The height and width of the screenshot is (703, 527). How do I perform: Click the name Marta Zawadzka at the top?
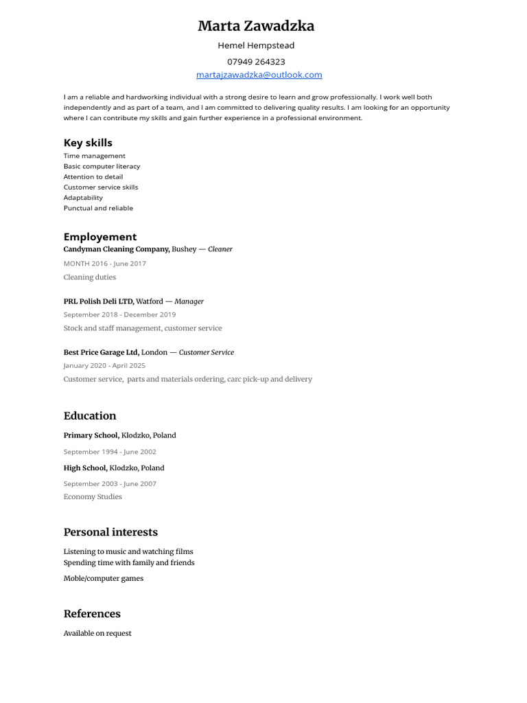tap(256, 26)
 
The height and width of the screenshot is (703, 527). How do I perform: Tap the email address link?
tap(259, 75)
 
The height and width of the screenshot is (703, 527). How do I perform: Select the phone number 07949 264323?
tap(256, 62)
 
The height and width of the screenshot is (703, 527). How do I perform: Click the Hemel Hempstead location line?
tap(256, 45)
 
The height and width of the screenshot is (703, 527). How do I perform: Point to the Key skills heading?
tap(88, 143)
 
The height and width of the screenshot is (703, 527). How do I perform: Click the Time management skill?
tap(95, 156)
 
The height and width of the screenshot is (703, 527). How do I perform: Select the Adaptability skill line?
tap(83, 198)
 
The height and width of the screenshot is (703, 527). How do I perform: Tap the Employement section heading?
tap(100, 237)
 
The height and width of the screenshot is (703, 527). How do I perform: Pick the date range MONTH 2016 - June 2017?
tap(105, 264)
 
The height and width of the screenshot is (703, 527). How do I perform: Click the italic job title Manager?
tap(189, 301)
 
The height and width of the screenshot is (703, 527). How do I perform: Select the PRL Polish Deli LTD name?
tap(99, 301)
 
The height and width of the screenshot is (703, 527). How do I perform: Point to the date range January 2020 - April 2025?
tap(104, 366)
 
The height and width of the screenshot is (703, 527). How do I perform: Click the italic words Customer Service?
tap(207, 353)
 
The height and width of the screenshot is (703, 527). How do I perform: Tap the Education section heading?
tap(90, 416)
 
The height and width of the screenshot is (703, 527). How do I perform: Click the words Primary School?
tap(91, 435)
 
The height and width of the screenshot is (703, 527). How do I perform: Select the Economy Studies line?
tap(93, 497)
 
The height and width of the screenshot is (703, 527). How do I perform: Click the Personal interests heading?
tap(110, 532)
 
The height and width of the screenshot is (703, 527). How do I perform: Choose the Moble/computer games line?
tap(104, 579)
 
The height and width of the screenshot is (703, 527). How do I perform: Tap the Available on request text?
tap(97, 634)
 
